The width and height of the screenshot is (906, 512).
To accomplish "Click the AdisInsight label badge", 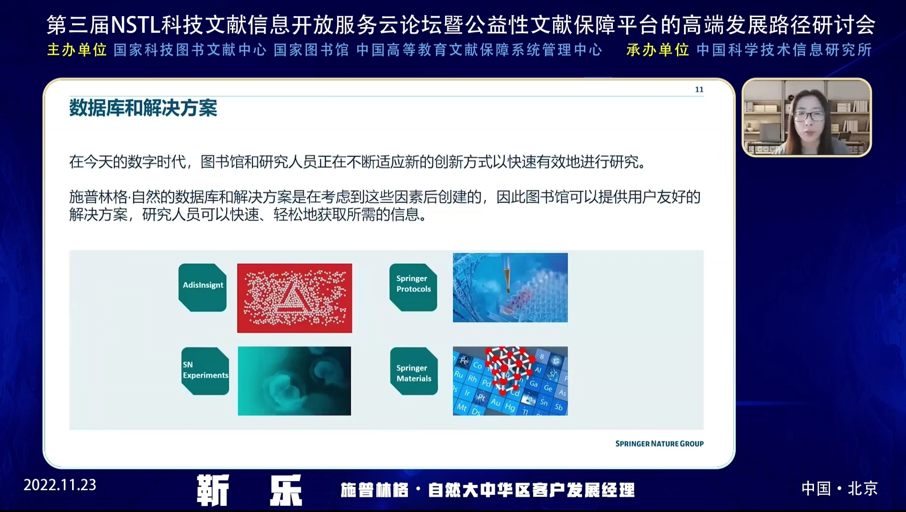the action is pos(203,287).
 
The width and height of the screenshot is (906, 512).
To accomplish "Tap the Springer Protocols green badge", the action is pos(413,287).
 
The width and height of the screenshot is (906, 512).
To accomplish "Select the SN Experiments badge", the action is pos(205,371).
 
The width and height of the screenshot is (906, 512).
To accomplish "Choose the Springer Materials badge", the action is pos(414,371).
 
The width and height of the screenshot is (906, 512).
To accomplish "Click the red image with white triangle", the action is pos(295,298).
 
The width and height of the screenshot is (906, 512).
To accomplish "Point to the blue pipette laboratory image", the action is pos(510,287).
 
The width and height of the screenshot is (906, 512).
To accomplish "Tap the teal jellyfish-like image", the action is pos(295,381).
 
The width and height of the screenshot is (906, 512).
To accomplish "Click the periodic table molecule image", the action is pos(510,381).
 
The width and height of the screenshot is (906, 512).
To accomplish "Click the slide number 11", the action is pos(699,90).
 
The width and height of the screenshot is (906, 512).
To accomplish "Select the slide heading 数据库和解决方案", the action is pos(143,108).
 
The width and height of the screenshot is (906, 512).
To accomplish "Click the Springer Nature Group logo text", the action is pos(659,444).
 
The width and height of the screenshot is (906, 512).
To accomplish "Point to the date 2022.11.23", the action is pos(60,485).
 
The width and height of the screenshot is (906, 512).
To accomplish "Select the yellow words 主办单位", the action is pos(77,50).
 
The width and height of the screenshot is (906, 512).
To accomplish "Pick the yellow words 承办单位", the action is pos(657,50).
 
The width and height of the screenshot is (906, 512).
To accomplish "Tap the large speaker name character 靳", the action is pos(213,490).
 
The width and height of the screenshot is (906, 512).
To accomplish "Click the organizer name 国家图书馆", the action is pos(311,50).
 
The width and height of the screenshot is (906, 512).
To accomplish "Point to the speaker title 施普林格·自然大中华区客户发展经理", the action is pos(488,490).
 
